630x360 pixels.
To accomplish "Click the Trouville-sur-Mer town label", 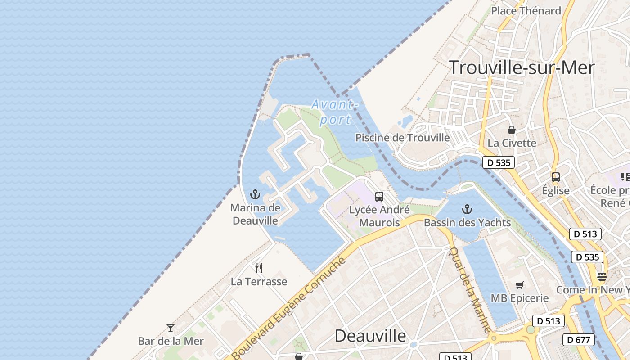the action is tap(522, 67).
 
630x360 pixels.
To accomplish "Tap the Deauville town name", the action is tap(370, 336).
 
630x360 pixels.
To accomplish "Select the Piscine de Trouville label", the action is tap(402, 138).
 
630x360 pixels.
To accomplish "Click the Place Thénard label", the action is tap(526, 11).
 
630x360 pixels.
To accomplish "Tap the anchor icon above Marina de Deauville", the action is tap(255, 195).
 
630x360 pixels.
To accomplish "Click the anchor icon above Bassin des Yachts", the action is tap(467, 209).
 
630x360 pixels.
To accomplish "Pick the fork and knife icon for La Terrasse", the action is tap(259, 268).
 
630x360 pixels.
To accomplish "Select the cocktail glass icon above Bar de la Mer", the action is tap(171, 328).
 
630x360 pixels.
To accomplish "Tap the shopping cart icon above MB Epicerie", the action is tap(520, 285).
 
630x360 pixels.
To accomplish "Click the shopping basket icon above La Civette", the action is tap(512, 130).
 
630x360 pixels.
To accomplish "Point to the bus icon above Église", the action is tap(556, 177).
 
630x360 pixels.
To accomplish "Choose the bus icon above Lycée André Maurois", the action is tap(379, 197).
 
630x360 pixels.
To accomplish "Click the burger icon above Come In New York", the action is tap(602, 276).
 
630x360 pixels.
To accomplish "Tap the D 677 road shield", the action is tap(579, 340).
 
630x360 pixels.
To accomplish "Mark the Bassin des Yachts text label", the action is tap(467, 223).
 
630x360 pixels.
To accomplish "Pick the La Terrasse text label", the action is tap(259, 282).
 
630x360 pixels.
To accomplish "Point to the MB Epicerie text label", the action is tap(520, 298).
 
